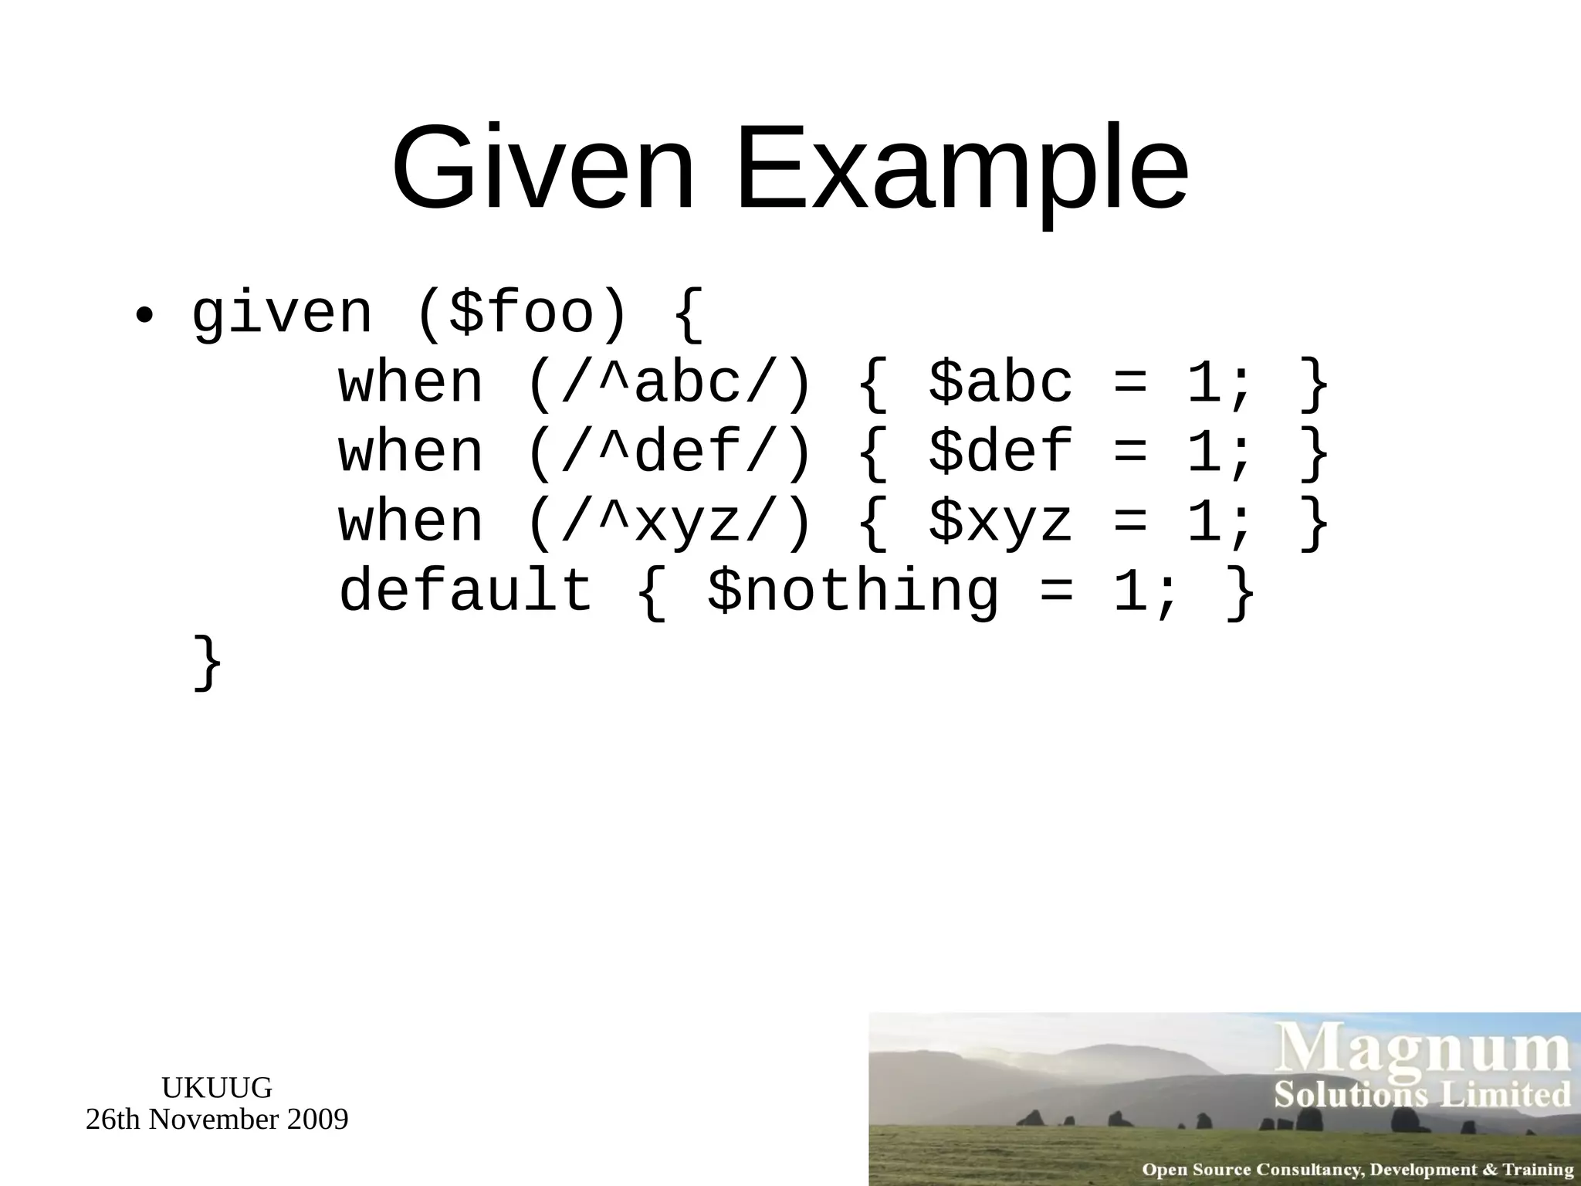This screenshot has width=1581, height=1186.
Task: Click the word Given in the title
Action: tap(543, 168)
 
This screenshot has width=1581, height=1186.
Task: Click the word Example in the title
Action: tap(962, 168)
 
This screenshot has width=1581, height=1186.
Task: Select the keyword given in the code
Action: tap(282, 315)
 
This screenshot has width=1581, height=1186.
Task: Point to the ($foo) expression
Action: tap(522, 315)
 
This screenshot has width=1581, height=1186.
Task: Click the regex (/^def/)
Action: tap(669, 452)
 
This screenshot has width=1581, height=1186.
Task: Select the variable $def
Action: tap(1000, 452)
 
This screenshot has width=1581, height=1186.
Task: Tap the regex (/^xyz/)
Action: tap(669, 522)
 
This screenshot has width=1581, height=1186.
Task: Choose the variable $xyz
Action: tap(1000, 522)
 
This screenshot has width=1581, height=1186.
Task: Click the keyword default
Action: tap(465, 590)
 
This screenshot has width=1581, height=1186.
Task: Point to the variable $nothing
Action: tap(853, 590)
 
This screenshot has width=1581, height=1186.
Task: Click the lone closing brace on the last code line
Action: tap(208, 662)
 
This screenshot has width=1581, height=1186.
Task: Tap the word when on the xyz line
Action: tap(411, 522)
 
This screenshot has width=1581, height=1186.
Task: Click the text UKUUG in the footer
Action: tap(217, 1088)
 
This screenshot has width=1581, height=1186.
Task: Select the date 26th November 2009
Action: tap(217, 1119)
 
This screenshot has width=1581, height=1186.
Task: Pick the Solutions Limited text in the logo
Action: tap(1422, 1095)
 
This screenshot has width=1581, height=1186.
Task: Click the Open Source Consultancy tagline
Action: tap(1357, 1169)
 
